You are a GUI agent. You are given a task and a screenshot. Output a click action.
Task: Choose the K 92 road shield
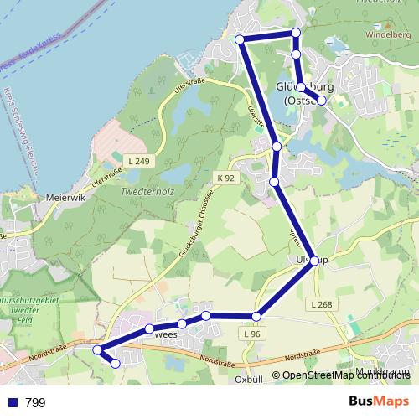click(225, 178)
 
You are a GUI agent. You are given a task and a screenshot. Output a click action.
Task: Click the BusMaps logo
click(378, 401)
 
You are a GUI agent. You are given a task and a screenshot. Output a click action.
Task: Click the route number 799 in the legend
click(35, 402)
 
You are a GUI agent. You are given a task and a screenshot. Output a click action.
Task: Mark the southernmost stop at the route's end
click(116, 363)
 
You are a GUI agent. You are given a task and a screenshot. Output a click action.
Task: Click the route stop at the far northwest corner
click(240, 39)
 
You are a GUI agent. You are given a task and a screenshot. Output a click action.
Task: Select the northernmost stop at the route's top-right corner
click(295, 33)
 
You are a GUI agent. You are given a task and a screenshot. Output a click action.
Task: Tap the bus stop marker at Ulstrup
click(314, 261)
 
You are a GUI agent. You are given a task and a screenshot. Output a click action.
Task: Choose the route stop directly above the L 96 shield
click(256, 316)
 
